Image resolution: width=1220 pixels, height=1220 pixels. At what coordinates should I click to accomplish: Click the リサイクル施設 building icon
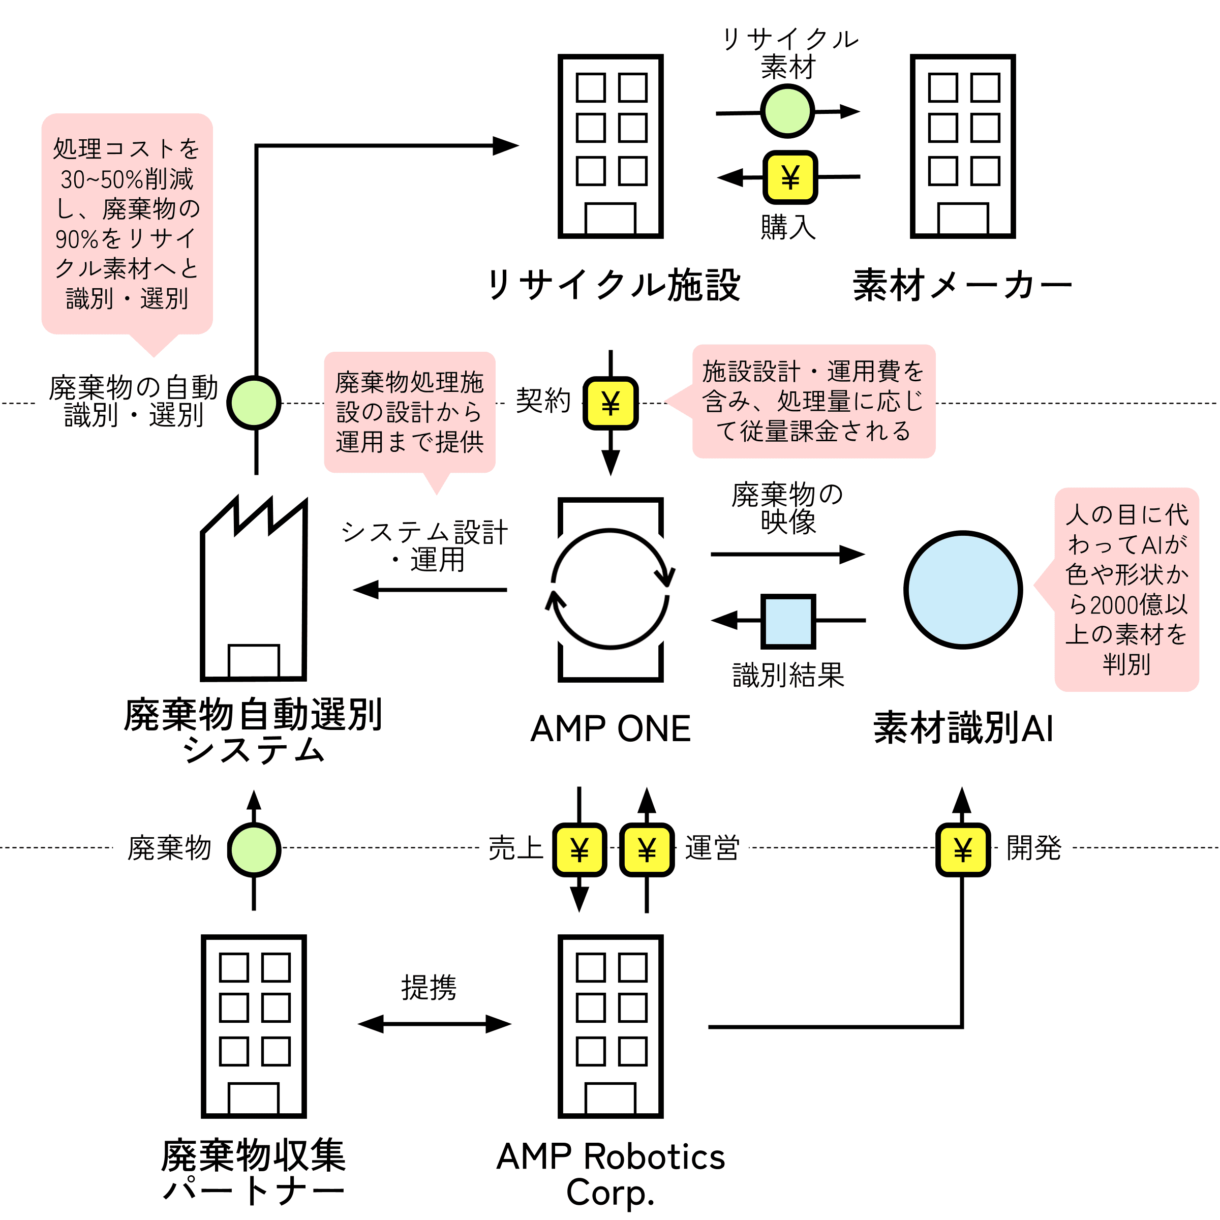(x=610, y=146)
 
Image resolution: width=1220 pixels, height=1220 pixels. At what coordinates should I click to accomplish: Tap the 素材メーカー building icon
(x=962, y=146)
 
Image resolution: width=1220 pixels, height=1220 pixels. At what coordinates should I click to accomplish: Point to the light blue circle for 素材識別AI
(x=962, y=589)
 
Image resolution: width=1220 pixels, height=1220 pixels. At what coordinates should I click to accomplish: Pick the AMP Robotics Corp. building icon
(x=610, y=1026)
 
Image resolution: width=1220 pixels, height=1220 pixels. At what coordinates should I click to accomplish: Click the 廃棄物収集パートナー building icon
(x=253, y=1026)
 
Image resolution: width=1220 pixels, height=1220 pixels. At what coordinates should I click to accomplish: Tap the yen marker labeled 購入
(x=790, y=177)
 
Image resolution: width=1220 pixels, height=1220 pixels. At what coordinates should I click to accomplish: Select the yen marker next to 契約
(x=610, y=403)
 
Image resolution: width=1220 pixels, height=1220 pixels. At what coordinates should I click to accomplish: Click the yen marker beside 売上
(x=579, y=849)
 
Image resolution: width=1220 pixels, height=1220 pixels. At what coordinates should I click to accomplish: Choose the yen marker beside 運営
(x=647, y=849)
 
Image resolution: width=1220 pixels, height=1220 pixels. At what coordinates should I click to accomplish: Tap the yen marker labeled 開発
(x=962, y=849)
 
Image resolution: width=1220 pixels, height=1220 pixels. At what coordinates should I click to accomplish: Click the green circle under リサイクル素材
(x=787, y=111)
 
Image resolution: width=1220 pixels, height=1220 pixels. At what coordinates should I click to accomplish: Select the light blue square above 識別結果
(x=788, y=621)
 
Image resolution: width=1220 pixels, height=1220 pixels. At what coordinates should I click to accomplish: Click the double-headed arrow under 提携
(x=435, y=1024)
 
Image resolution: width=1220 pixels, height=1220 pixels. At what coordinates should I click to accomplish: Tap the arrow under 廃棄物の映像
(x=788, y=555)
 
